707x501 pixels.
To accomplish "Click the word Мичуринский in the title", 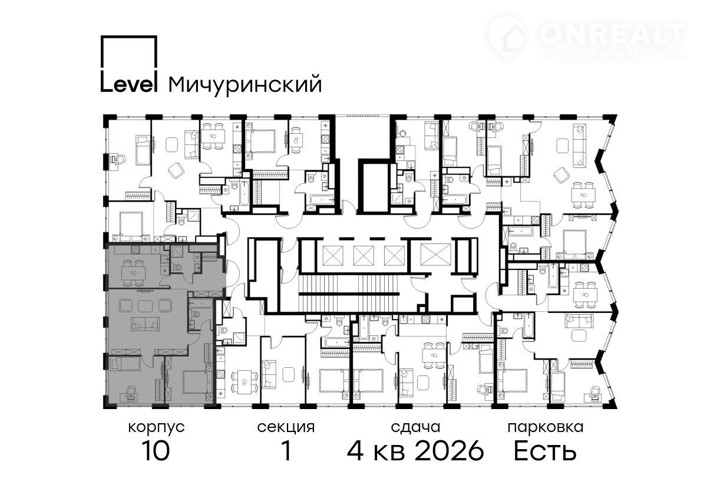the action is (x=245, y=84).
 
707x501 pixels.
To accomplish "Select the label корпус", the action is (x=156, y=428).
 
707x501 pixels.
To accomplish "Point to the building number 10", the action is (x=156, y=450).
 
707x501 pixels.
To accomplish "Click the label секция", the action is (x=286, y=427).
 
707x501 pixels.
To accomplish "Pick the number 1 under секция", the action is (x=286, y=450).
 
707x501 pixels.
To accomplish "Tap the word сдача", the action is (x=415, y=427).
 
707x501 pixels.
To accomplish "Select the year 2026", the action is (x=449, y=450).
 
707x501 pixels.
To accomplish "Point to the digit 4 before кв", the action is (x=355, y=450).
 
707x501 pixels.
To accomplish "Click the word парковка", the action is (x=546, y=428).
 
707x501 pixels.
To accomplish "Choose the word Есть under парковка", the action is (x=546, y=450).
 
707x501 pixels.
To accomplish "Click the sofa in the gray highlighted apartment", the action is (x=145, y=324).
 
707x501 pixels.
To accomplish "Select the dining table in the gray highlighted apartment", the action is (x=134, y=272).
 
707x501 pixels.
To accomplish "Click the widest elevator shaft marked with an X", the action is (x=436, y=255).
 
